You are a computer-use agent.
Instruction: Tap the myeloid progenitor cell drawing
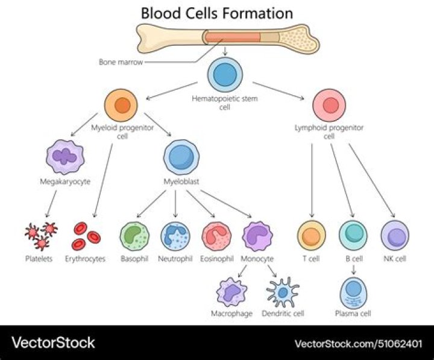click(x=122, y=106)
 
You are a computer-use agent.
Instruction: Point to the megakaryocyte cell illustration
click(x=65, y=156)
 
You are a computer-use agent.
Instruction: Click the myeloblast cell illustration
click(x=180, y=157)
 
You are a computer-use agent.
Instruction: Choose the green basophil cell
click(x=134, y=236)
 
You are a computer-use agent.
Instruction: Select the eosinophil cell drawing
click(x=216, y=236)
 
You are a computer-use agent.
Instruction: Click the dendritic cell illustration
click(x=283, y=292)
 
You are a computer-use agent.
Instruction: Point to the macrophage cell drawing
click(x=232, y=292)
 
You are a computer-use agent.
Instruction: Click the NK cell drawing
click(x=395, y=235)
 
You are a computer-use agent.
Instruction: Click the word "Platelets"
click(x=39, y=259)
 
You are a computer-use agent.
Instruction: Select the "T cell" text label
click(x=310, y=259)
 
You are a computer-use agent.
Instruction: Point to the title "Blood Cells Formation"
click(x=217, y=13)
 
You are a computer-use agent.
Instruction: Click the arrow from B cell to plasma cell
click(x=353, y=270)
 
